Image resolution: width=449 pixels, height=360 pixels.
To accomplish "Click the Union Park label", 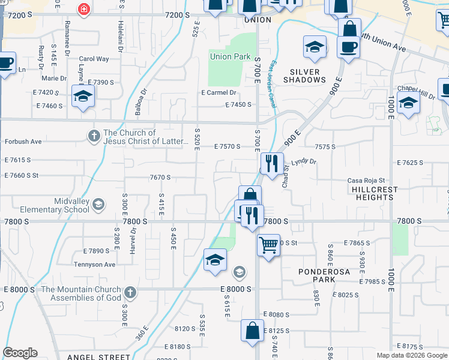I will [230, 57].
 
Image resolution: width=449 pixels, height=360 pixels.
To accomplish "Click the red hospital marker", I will [83, 9].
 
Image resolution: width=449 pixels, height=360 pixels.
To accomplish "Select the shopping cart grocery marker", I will [268, 244].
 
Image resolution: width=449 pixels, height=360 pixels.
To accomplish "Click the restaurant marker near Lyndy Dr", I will [271, 163].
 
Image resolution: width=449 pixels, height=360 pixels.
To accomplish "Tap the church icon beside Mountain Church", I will [130, 293].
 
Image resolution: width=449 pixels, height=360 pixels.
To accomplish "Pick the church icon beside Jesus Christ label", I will [94, 136].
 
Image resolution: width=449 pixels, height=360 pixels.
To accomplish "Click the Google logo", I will [20, 353].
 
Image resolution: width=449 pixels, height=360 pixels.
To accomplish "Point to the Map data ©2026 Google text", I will [412, 355].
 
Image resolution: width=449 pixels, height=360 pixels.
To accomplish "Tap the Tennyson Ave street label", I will [94, 265].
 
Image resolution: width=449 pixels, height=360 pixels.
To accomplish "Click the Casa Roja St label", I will [366, 181].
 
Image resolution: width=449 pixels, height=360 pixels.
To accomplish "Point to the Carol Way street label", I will [94, 59].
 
